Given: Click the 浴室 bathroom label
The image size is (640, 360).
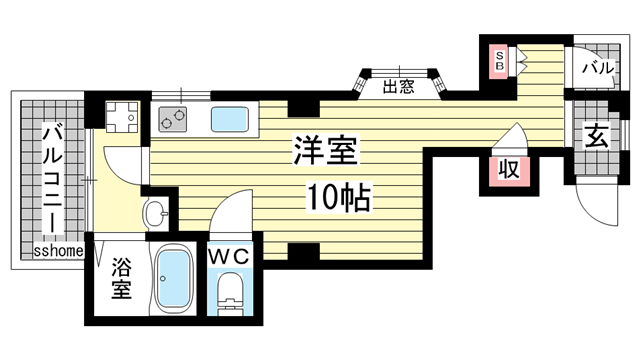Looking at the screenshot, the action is click(x=122, y=279).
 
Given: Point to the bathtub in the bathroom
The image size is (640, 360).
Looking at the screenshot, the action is click(x=175, y=280).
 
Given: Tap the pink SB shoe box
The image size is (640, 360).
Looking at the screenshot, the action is click(x=497, y=60).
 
